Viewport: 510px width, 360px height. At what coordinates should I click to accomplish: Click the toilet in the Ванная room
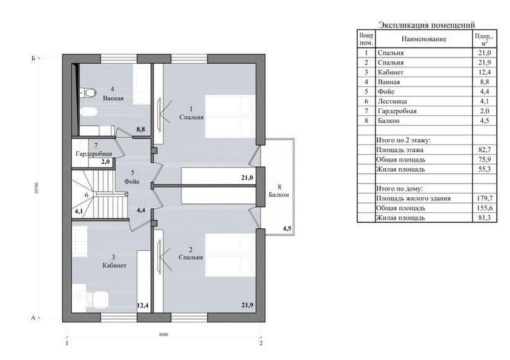[88, 93]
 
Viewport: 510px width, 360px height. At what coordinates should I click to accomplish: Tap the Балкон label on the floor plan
[279, 195]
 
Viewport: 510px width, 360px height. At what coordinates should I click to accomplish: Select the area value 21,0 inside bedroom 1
[247, 178]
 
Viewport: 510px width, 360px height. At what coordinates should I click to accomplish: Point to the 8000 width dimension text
[164, 335]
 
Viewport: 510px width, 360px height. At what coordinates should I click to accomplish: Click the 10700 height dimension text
[37, 188]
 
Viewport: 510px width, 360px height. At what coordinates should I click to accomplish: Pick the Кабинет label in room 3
[114, 265]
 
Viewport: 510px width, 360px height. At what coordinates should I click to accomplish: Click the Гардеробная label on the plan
[93, 153]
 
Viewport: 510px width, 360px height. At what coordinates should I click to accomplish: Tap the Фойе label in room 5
[132, 181]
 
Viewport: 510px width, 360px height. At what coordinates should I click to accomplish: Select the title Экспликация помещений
[426, 25]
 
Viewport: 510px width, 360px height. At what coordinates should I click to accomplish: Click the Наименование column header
[424, 39]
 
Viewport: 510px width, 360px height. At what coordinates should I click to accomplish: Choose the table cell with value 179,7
[485, 199]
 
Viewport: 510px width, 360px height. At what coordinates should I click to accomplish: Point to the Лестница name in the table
[392, 101]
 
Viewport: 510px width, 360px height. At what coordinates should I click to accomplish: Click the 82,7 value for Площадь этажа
[485, 150]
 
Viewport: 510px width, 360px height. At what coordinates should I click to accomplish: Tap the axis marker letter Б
[33, 59]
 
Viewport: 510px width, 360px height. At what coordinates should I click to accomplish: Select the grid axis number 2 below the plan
[261, 343]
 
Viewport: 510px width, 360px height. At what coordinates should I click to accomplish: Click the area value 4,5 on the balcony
[287, 229]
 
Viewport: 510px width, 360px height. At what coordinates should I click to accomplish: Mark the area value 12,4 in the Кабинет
[143, 306]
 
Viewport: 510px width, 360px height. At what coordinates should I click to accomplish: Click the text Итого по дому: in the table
[399, 189]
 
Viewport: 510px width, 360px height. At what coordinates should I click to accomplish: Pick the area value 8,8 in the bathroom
[140, 129]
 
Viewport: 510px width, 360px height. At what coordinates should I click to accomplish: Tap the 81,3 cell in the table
[485, 218]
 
